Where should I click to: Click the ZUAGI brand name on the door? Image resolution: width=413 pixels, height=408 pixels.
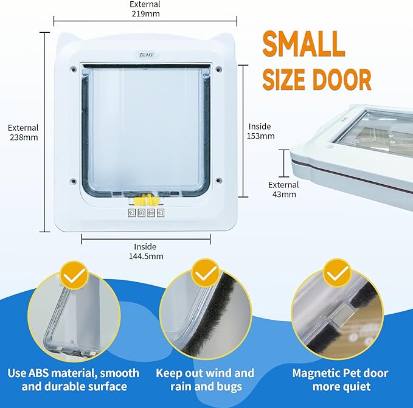point(145,55)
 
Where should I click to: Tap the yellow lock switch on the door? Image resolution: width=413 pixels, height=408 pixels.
point(145,199)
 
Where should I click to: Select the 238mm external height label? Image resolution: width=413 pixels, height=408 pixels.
point(23,133)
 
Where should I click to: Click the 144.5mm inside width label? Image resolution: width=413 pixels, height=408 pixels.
point(145,251)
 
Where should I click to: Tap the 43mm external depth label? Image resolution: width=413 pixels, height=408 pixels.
point(283,189)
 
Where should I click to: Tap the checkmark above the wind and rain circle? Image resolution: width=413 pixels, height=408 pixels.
point(206,274)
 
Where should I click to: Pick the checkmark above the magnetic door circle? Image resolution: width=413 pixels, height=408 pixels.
point(336,274)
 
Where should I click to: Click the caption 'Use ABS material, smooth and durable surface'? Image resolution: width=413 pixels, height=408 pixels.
point(75,379)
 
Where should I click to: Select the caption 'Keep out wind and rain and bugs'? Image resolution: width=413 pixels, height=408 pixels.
point(206,379)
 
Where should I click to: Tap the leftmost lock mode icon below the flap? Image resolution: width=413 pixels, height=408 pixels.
point(131,214)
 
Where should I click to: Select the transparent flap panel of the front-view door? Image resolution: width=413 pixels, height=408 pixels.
point(145,128)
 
